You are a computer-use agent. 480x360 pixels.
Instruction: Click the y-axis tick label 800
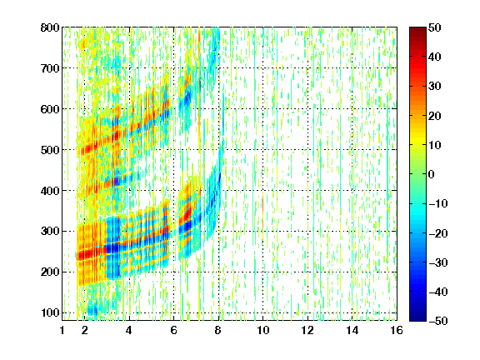tap(50, 27)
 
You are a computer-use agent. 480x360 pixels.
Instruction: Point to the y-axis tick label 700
tap(50, 68)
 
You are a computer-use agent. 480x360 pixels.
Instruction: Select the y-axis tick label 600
tap(50, 109)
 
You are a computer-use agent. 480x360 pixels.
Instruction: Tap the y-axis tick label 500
tap(50, 150)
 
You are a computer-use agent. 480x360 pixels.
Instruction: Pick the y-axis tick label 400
tap(50, 191)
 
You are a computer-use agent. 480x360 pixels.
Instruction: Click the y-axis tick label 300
tap(50, 231)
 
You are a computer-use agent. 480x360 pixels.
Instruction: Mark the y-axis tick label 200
tap(50, 272)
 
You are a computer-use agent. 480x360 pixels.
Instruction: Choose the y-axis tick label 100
tap(50, 312)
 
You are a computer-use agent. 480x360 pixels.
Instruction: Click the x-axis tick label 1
tap(62, 330)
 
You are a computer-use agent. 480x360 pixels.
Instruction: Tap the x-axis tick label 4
tap(129, 330)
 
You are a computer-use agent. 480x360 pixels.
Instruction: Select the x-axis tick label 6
tap(173, 330)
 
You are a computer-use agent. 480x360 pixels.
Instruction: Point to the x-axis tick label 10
tap(263, 330)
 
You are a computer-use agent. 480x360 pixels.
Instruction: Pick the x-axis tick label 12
tap(307, 330)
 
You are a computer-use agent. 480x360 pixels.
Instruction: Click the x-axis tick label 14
tap(352, 330)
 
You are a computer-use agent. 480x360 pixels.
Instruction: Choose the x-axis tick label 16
tap(397, 330)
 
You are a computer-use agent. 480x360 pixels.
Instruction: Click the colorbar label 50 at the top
tap(434, 27)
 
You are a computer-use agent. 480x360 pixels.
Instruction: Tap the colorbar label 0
tap(432, 174)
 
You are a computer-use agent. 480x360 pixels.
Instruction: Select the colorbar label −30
tap(438, 262)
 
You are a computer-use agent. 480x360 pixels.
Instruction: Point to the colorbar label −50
tap(438, 321)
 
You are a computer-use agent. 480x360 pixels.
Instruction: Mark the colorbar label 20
tap(434, 116)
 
